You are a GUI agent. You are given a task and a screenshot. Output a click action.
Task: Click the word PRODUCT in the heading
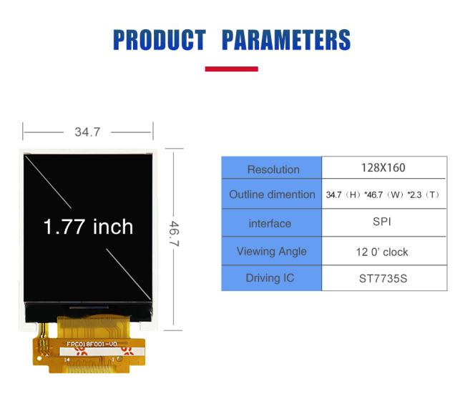point(160,39)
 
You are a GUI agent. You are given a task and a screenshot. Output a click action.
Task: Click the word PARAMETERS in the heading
point(286,39)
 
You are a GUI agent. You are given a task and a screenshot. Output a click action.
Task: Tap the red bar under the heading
point(231,69)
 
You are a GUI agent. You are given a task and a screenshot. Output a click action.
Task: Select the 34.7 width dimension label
point(87,132)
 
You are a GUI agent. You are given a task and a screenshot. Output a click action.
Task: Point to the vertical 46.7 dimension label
point(174,233)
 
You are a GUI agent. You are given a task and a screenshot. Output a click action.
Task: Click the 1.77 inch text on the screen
point(88,227)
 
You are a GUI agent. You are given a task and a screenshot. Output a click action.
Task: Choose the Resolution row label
point(273,169)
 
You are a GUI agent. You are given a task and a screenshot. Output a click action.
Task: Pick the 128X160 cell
point(383,168)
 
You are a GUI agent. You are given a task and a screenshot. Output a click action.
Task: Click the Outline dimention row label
point(272,194)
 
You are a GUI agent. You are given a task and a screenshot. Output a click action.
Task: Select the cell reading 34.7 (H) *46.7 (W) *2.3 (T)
point(383,194)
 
